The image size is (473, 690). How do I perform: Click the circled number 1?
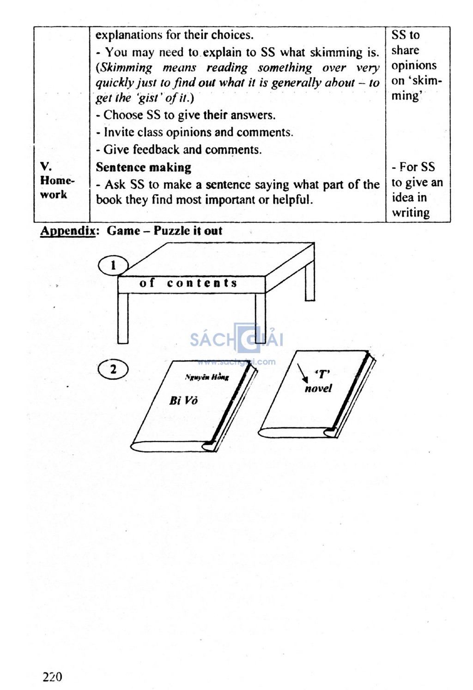tap(113, 265)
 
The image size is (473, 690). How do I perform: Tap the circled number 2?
tap(113, 370)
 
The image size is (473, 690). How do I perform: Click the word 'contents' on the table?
tap(202, 283)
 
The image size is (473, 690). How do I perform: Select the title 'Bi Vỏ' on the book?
tap(183, 400)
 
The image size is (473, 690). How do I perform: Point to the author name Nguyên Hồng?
tap(207, 377)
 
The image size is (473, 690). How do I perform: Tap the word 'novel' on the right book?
tap(318, 388)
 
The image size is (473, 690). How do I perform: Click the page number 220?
tap(52, 677)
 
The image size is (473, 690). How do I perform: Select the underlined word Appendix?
tap(67, 231)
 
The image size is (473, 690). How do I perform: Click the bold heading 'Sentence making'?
tap(143, 167)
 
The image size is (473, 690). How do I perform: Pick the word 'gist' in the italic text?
tap(150, 98)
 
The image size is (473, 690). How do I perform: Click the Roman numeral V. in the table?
tap(45, 167)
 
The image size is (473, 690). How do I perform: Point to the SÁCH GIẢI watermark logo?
tap(236, 339)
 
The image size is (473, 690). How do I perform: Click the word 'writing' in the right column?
tap(411, 213)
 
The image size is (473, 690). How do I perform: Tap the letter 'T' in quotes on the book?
tap(322, 375)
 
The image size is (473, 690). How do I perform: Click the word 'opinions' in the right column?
tap(414, 66)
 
